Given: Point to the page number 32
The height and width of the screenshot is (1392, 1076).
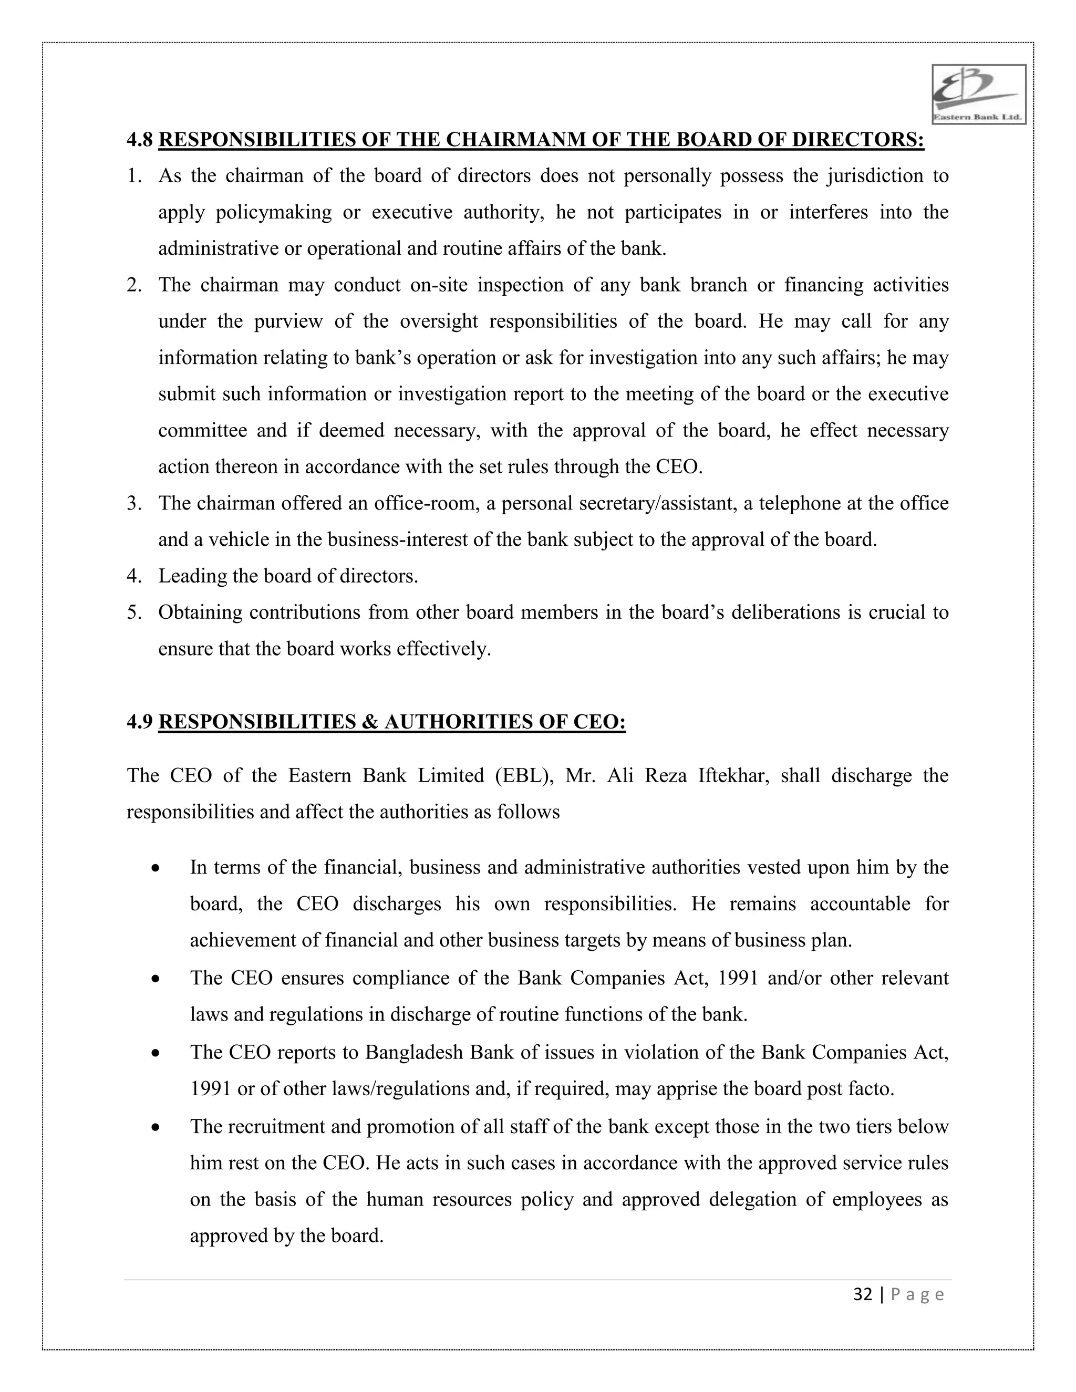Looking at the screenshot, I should (863, 1294).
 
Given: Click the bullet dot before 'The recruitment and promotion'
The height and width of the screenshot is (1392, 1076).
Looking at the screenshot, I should (156, 1127).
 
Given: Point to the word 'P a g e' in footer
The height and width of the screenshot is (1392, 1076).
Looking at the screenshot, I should (917, 1294).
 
